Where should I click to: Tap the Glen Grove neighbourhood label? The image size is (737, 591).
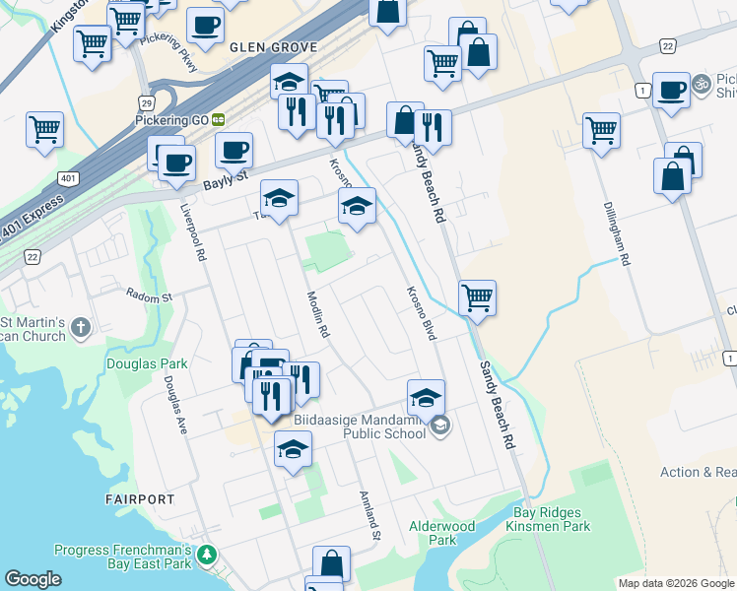(273, 47)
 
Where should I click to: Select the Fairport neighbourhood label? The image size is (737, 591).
(140, 499)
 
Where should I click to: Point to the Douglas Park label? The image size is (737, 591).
(147, 363)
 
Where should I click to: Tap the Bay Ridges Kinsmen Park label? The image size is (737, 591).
(552, 519)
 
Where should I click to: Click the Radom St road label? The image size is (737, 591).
(149, 295)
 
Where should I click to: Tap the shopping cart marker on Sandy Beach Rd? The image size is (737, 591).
(477, 296)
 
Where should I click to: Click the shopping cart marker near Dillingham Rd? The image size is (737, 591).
(601, 129)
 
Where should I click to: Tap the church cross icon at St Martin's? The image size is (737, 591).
(81, 327)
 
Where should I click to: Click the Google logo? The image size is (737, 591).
(32, 579)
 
